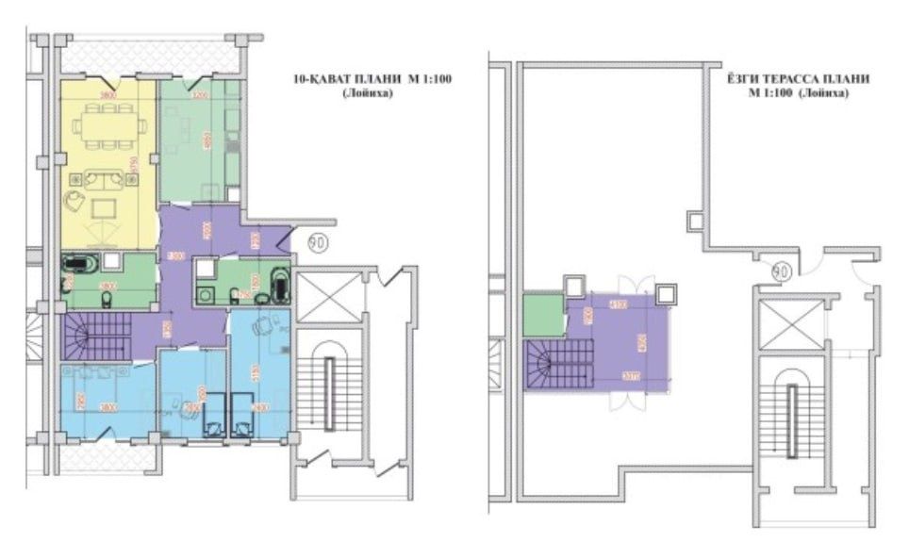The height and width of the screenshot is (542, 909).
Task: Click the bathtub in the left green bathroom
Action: pyautogui.click(x=75, y=263)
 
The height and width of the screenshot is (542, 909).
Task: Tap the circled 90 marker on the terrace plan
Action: pyautogui.click(x=780, y=271)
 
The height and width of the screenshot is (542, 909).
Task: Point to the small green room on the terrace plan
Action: pyautogui.click(x=543, y=315)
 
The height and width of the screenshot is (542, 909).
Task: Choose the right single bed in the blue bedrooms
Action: pyautogui.click(x=244, y=416)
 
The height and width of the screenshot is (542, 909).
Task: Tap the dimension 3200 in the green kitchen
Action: pyautogui.click(x=199, y=95)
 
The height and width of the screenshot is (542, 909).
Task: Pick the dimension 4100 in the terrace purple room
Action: pyautogui.click(x=619, y=304)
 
